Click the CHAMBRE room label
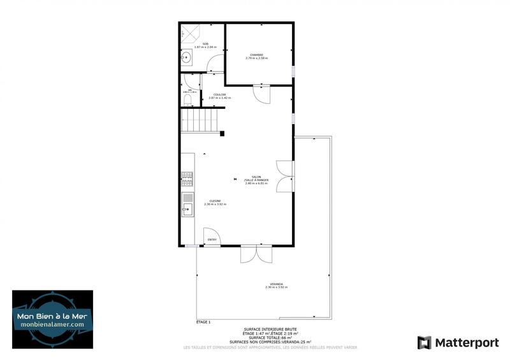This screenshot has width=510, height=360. tap(257, 55)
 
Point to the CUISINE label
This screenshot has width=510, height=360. tap(215, 201)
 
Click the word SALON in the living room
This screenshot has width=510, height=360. tap(256, 177)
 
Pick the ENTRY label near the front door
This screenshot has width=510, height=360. tap(212, 240)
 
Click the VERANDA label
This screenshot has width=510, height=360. tap(276, 284)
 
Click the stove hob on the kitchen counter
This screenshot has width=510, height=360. tap(187, 179)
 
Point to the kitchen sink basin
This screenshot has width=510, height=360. tap(187, 209)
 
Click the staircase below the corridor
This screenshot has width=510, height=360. tap(201, 119)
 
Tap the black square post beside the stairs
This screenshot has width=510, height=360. tap(222, 133)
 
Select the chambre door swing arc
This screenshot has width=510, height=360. tap(261, 94)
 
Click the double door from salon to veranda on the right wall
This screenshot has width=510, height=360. tap(287, 176)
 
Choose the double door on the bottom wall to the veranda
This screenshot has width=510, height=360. tap(256, 254)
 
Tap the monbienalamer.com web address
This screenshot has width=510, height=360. tap(52, 324)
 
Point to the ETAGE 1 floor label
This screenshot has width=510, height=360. tap(203, 322)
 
